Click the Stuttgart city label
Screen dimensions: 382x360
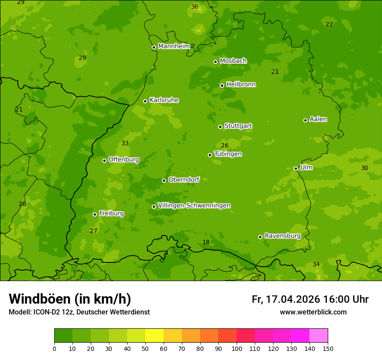(238, 126)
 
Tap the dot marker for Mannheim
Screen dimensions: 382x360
(154, 48)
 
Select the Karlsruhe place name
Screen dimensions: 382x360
(164, 100)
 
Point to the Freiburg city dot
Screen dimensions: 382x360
(95, 214)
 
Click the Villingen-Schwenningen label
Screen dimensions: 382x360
(194, 206)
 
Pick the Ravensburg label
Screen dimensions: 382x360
(282, 236)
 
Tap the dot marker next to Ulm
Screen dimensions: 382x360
(296, 168)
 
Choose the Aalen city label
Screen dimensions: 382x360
(318, 119)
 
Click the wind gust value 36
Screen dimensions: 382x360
(194, 7)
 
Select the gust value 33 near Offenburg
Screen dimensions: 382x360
(125, 144)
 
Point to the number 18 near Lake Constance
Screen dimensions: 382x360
(206, 242)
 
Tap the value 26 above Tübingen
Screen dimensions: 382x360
(224, 146)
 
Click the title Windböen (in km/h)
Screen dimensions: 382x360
(69, 299)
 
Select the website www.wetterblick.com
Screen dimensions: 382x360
(313, 312)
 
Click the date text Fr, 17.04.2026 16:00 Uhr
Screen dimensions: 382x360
(310, 299)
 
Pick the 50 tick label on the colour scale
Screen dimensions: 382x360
(145, 348)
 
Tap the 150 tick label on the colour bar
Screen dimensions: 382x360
(328, 348)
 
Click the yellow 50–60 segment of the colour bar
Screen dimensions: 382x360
(155, 336)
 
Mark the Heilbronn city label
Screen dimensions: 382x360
(240, 85)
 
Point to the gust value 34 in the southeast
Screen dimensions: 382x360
(316, 265)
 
